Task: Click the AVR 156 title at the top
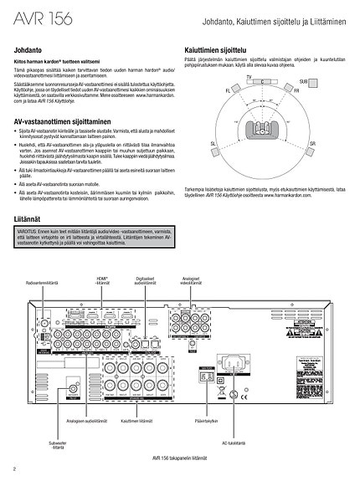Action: tap(42, 18)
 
